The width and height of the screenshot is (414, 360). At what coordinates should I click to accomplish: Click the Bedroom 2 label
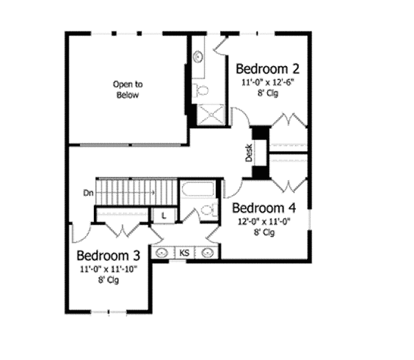click(267, 69)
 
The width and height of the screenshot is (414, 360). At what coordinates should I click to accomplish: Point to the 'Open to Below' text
click(127, 90)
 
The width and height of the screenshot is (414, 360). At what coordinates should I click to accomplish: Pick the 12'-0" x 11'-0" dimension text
click(264, 222)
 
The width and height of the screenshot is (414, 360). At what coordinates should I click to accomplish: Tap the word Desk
click(249, 153)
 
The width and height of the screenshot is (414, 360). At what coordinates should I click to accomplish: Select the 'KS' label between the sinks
click(184, 253)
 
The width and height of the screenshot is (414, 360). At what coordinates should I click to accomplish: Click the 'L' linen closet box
click(164, 216)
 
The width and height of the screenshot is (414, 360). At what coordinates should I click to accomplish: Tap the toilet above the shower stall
click(201, 90)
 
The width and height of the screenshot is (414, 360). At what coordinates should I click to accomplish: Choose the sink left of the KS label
click(161, 253)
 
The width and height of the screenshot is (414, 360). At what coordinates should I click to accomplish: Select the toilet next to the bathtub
click(206, 212)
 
